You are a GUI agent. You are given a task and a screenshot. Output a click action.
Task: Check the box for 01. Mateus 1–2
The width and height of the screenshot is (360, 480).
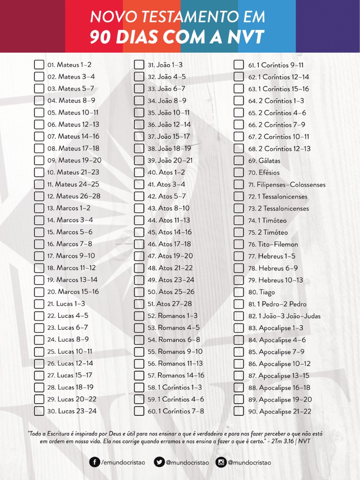pos(39,65)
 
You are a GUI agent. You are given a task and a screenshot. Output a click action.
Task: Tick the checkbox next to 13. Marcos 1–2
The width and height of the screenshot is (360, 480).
pos(39,208)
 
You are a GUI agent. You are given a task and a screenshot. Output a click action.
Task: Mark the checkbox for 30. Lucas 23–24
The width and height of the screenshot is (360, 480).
pos(39,411)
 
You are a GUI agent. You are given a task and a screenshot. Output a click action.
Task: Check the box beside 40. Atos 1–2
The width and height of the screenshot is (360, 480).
pos(139,172)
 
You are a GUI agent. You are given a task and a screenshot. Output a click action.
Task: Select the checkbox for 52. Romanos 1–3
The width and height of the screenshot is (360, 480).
pos(139,316)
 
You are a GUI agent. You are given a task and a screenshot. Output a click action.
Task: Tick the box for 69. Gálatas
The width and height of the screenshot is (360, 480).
pos(239,161)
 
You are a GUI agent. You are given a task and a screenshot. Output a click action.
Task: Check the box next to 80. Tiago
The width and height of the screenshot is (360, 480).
pos(239,292)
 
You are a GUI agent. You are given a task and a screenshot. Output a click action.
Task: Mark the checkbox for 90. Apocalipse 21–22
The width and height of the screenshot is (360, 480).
pos(239,412)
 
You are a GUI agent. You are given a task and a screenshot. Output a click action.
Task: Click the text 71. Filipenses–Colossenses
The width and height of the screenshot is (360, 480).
pos(286,185)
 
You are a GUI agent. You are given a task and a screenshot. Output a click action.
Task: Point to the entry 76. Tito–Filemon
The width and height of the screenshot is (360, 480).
pos(273,244)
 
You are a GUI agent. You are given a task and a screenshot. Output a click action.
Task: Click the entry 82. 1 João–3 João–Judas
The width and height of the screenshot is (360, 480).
pos(284,316)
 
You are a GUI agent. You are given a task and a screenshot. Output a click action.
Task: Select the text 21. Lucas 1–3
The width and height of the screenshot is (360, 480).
pos(66,304)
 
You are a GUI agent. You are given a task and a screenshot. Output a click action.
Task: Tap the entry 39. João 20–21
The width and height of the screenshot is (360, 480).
pos(170,160)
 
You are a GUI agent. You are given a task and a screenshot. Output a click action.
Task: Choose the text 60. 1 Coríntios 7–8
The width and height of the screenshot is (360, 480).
pos(176,411)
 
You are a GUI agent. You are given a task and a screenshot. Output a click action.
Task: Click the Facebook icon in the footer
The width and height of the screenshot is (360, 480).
pos(95,462)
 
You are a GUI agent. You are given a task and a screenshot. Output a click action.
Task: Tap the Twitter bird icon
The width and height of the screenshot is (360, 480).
pos(159,462)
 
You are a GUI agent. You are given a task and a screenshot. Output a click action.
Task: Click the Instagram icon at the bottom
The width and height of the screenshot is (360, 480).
pos(221,462)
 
